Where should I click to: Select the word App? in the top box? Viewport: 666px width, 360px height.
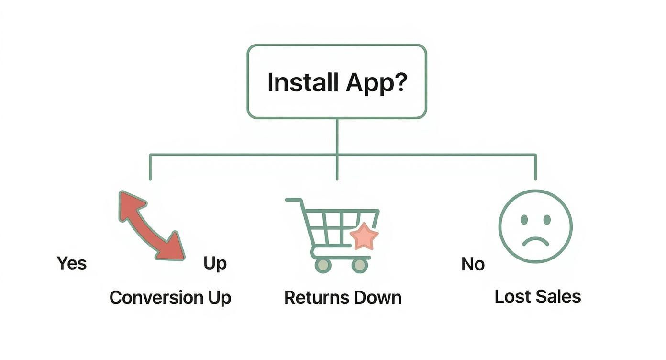pos(377,82)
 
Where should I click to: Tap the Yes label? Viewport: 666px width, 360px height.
pos(72,263)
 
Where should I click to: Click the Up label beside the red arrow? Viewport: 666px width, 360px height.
pos(215,263)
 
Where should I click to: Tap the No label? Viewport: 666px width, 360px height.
pos(473,264)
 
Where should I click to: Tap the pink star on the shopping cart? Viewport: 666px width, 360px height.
pos(364,236)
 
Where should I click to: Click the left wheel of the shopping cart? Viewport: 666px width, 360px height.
pos(323,265)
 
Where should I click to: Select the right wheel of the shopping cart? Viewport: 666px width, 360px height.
pos(359,265)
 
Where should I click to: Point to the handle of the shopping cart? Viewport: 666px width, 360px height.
pos(293,200)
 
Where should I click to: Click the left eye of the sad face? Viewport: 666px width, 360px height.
pos(524,220)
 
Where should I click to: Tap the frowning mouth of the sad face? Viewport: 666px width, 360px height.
pos(535,240)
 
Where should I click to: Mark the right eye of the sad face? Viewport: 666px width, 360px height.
pos(547,220)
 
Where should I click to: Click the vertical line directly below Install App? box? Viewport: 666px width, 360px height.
pos(337,136)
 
